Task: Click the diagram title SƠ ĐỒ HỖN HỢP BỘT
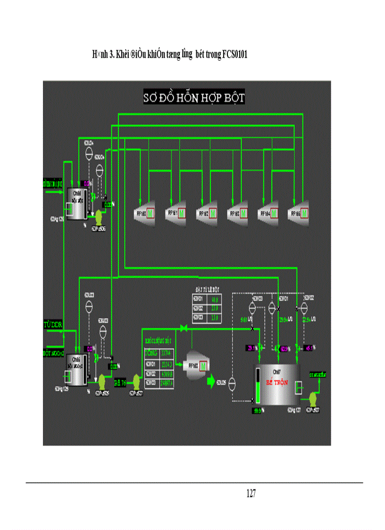click(x=194, y=98)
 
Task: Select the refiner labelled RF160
click(x=144, y=213)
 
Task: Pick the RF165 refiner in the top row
click(x=298, y=213)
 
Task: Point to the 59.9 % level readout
click(x=258, y=411)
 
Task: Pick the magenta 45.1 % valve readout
click(x=310, y=348)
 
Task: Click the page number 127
click(x=251, y=494)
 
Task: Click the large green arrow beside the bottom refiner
click(x=209, y=380)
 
